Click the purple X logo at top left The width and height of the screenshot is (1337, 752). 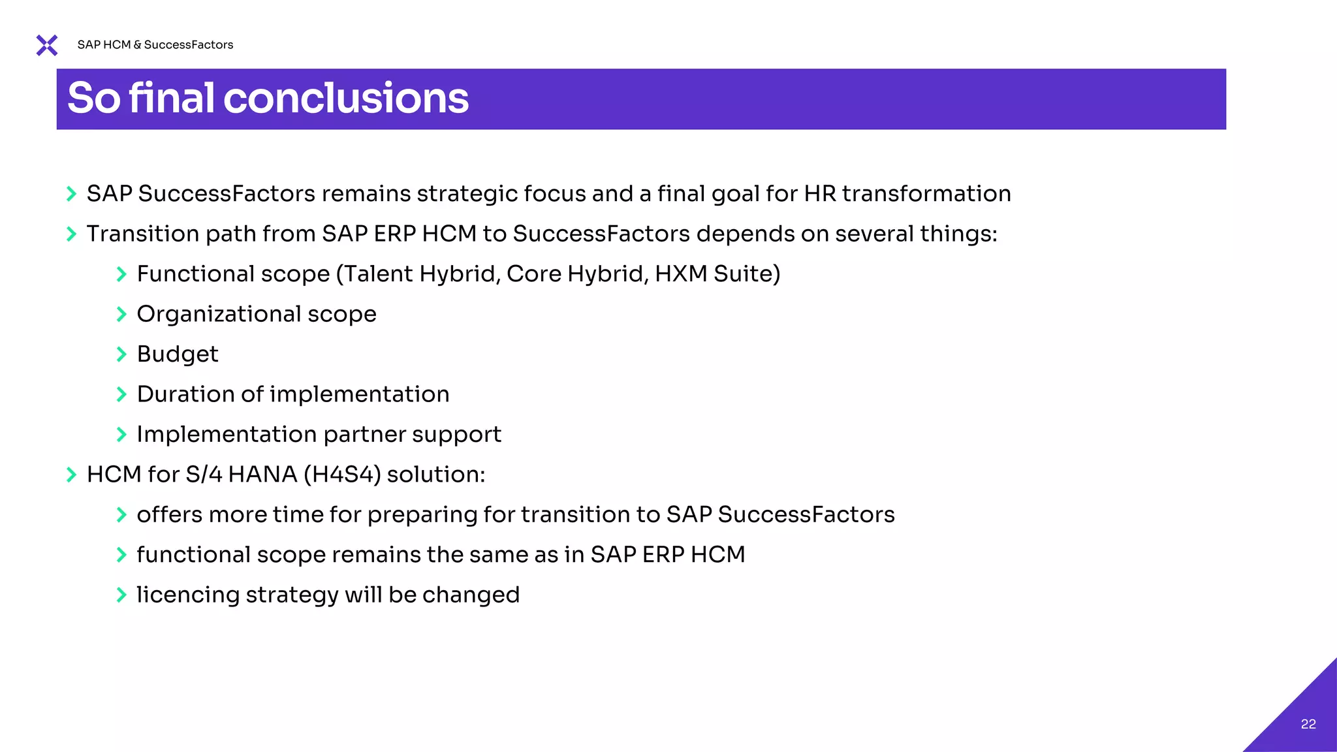(47, 45)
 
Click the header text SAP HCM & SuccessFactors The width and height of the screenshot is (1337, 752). (155, 45)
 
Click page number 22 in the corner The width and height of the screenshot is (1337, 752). (1308, 724)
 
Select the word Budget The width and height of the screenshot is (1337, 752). (178, 354)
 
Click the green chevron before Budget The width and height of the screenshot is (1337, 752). (121, 354)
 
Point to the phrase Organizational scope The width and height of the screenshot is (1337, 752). (257, 314)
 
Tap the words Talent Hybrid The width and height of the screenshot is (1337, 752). (420, 274)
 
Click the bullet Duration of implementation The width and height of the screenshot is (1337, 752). (293, 394)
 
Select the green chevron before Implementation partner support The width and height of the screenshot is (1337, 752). (121, 435)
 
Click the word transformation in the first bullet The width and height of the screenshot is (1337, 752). (926, 194)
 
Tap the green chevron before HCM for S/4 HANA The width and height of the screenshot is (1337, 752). (72, 475)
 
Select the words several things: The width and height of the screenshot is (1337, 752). (916, 234)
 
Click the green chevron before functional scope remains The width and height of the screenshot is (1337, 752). (121, 555)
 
